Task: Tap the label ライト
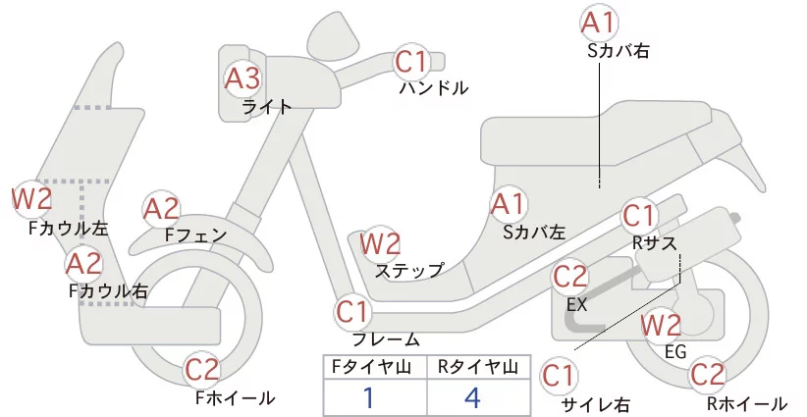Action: point(267,108)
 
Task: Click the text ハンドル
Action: point(433,88)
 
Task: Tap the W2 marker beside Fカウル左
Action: point(31,199)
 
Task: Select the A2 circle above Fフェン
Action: point(162,209)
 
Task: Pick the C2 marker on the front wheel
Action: point(202,372)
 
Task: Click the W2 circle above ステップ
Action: point(381,242)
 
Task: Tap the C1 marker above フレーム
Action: point(353,313)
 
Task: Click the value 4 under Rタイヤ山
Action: point(476,398)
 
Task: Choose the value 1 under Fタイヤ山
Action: point(369,398)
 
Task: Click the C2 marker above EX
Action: point(570,278)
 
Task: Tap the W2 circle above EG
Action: point(661,325)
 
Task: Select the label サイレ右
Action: point(595,404)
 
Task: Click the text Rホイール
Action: point(746,403)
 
